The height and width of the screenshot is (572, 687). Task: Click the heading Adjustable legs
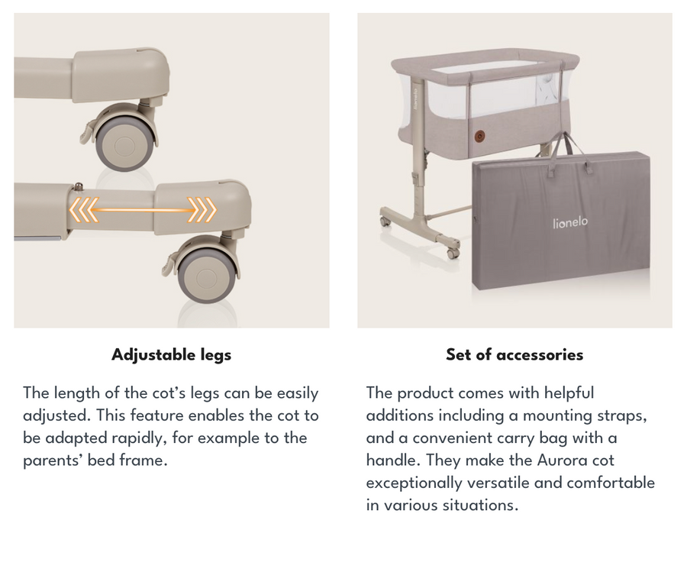pos(171,354)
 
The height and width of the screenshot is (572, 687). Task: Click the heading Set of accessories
pos(514,354)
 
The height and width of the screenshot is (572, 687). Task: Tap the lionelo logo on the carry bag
pos(570,222)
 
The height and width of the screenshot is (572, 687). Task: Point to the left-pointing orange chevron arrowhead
pos(84,209)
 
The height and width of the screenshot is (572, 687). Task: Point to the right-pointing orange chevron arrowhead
pos(202,209)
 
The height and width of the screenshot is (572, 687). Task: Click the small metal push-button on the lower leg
pos(79,187)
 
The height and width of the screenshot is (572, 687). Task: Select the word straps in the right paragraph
pos(621,415)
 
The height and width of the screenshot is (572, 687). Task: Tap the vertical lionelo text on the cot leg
pos(415,99)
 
